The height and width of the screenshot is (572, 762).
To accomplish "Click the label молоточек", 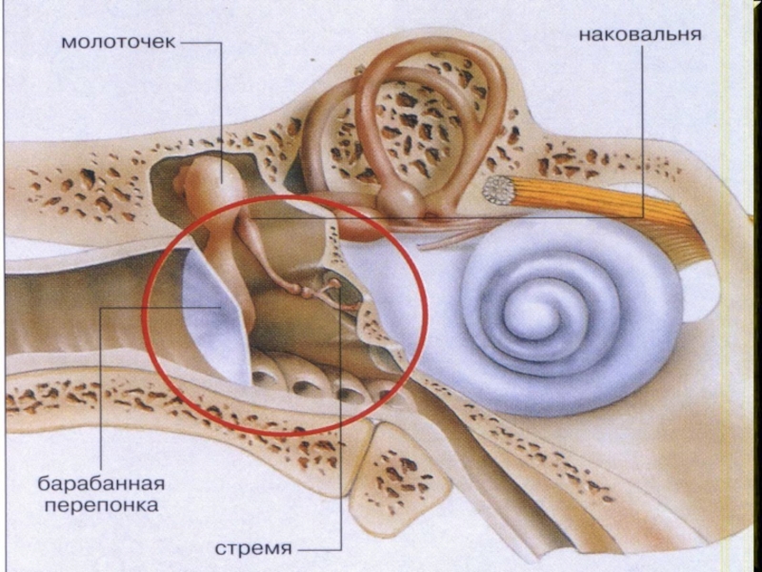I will (119, 42).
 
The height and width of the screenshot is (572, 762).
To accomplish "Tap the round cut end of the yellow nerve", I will (497, 191).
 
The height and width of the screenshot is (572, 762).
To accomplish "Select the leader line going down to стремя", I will (340, 429).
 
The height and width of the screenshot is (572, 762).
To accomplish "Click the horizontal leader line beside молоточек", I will (202, 42).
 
